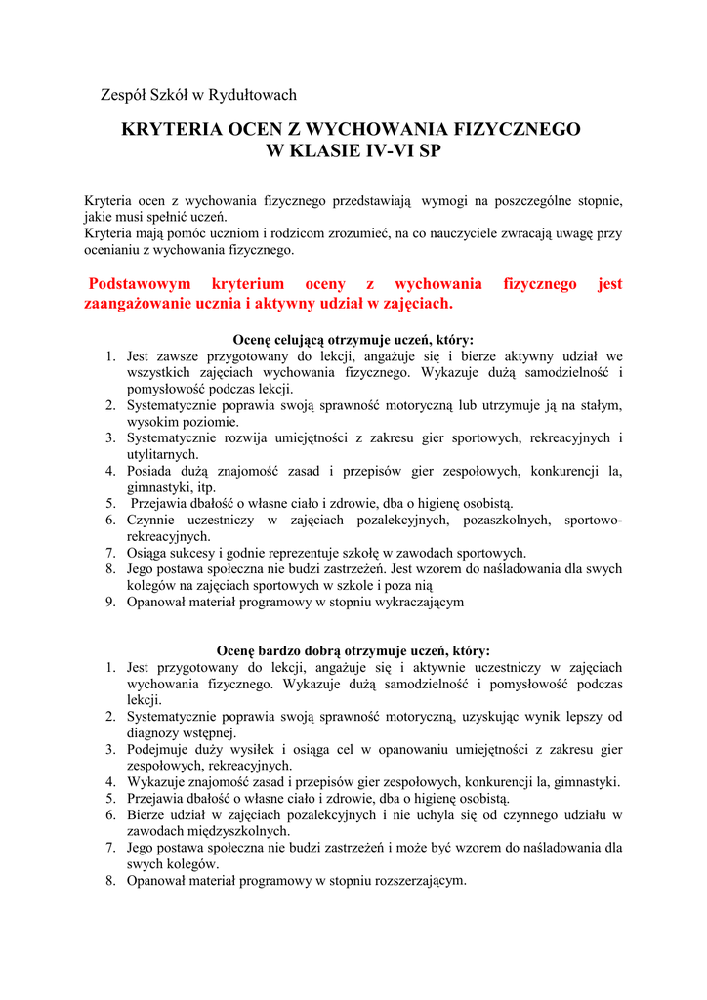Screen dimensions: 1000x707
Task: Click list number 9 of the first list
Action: point(111,602)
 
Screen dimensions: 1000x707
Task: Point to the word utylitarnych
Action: point(163,454)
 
